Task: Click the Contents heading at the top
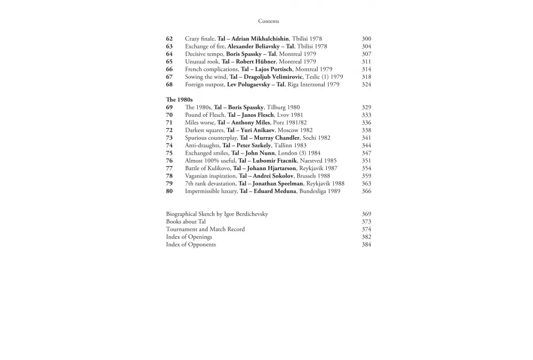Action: [x=269, y=21]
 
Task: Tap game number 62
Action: [x=169, y=39]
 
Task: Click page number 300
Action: [x=366, y=39]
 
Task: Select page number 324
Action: [x=366, y=85]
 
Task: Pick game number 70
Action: [x=169, y=115]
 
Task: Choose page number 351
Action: [x=366, y=161]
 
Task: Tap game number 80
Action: [x=169, y=191]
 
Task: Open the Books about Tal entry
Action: [x=186, y=222]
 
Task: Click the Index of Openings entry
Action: [x=189, y=237]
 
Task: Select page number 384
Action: [x=366, y=245]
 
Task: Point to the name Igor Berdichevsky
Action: [x=246, y=214]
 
